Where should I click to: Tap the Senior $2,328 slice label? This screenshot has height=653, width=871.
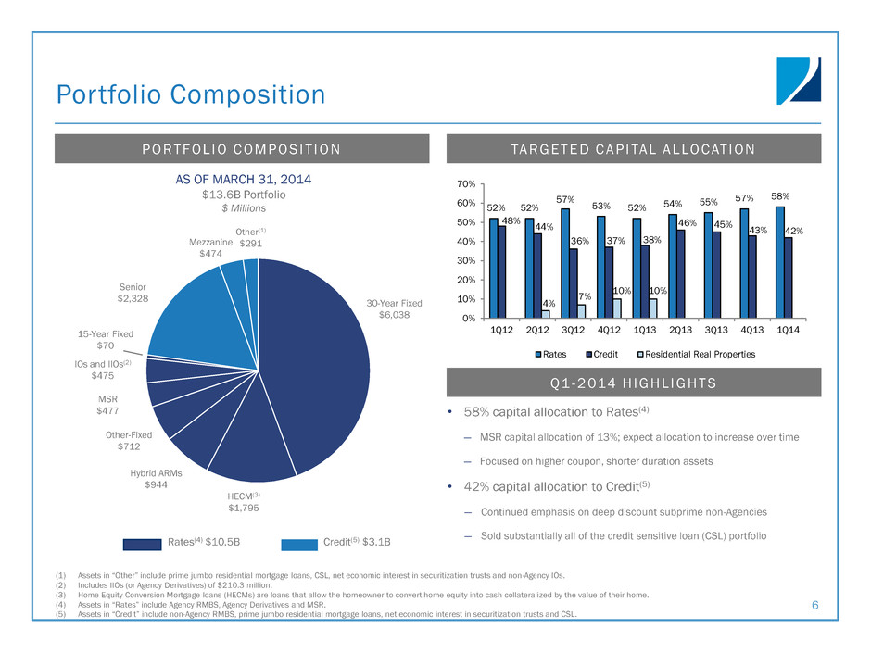(133, 294)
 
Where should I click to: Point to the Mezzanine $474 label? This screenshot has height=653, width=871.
(209, 246)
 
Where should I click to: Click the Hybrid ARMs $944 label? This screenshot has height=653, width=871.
(156, 478)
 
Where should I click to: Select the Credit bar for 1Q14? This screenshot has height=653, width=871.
(788, 278)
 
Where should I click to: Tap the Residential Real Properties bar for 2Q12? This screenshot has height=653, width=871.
(547, 314)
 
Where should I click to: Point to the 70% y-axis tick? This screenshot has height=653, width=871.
(466, 184)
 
